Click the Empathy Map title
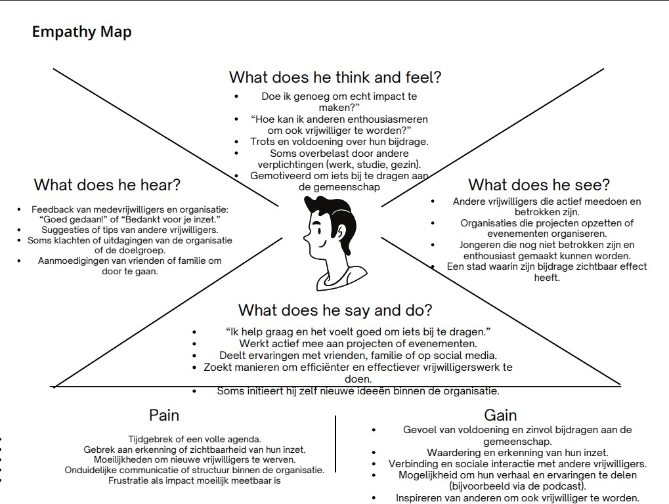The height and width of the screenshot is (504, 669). coord(81,31)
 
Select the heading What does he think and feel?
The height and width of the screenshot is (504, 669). coord(335,77)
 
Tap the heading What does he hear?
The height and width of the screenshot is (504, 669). coord(107,184)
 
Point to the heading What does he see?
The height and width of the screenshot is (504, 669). coord(538,184)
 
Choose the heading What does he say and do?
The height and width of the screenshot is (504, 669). coord(335,310)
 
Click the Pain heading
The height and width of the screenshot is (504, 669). coord(164,415)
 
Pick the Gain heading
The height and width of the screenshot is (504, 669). coord(500,415)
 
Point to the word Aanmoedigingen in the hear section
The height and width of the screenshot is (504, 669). coord(73,261)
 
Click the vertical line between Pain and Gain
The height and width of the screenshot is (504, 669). coord(335,444)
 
